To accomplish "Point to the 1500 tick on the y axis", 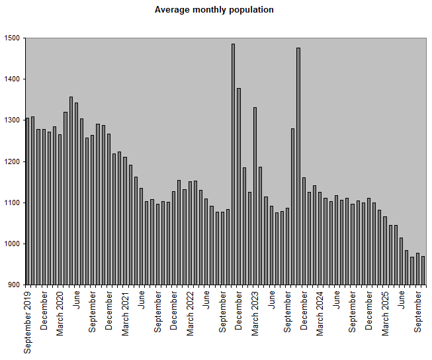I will tap(12, 38).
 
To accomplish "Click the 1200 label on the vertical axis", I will tap(12, 161).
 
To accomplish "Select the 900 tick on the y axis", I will tap(14, 285).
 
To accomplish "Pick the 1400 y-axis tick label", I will tap(12, 79).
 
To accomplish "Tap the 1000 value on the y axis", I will tap(12, 244).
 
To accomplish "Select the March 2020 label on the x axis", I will tap(60, 313).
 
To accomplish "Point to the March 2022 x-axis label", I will tap(190, 313).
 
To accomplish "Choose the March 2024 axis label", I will tap(320, 313).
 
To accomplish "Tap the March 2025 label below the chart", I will tap(385, 313).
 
